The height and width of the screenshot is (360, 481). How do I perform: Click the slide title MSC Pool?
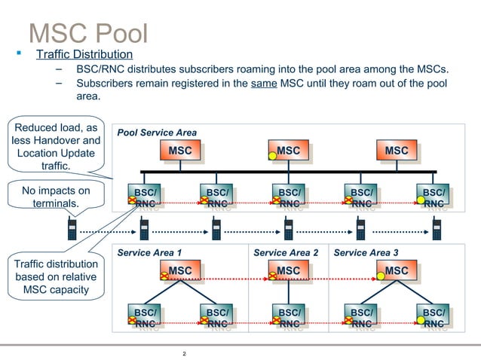87,32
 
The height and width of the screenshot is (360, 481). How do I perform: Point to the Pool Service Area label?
157,133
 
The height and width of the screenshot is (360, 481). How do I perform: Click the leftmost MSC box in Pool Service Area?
179,151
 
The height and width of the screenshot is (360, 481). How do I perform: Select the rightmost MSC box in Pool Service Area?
397,151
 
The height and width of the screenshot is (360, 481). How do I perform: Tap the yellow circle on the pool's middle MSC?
273,156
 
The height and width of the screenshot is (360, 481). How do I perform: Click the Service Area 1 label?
149,252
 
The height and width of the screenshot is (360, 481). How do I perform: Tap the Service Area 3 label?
366,252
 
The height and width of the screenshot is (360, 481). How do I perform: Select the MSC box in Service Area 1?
179,270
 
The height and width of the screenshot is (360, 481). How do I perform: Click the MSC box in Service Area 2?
288,270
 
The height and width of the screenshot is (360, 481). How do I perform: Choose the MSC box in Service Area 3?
397,270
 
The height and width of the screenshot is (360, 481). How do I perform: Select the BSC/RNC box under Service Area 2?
289,317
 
